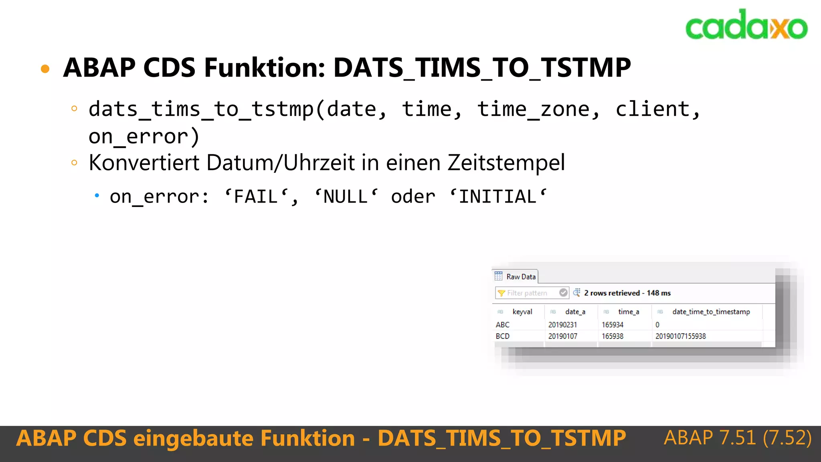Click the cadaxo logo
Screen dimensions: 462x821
click(x=746, y=25)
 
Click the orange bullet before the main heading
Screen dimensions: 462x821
click(x=45, y=69)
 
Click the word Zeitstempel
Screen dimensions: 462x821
click(x=506, y=162)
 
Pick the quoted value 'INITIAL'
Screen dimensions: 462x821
click(x=497, y=197)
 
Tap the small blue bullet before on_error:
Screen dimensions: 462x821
click(x=97, y=196)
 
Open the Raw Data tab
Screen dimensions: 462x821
click(x=516, y=277)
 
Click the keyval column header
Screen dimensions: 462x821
click(x=522, y=312)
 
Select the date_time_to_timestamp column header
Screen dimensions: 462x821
click(x=711, y=312)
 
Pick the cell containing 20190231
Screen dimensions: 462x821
click(x=562, y=324)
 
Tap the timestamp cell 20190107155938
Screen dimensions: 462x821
click(x=680, y=336)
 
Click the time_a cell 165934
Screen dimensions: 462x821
click(x=612, y=324)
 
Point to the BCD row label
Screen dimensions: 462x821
click(x=502, y=336)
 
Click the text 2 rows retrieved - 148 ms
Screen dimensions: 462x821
click(x=627, y=293)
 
